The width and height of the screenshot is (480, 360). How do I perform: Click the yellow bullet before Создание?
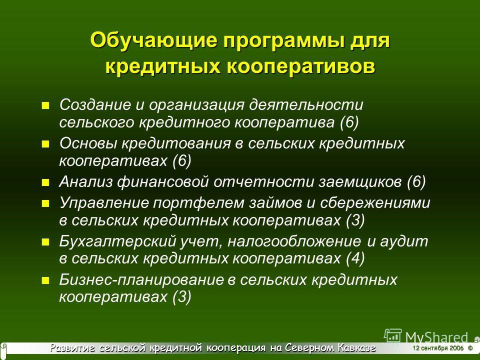click(x=45, y=106)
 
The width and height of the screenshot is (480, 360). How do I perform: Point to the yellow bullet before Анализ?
click(x=45, y=183)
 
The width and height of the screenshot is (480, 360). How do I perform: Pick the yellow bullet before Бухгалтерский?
click(x=45, y=242)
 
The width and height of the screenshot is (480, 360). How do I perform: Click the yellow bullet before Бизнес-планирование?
click(x=45, y=280)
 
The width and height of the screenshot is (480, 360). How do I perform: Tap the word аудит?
click(x=404, y=241)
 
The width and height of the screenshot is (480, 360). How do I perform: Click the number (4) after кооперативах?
click(x=355, y=258)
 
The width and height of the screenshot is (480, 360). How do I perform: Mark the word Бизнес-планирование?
click(x=141, y=280)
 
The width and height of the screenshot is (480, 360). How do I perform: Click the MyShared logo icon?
click(x=393, y=335)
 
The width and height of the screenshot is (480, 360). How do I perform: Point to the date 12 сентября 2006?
click(x=438, y=348)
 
